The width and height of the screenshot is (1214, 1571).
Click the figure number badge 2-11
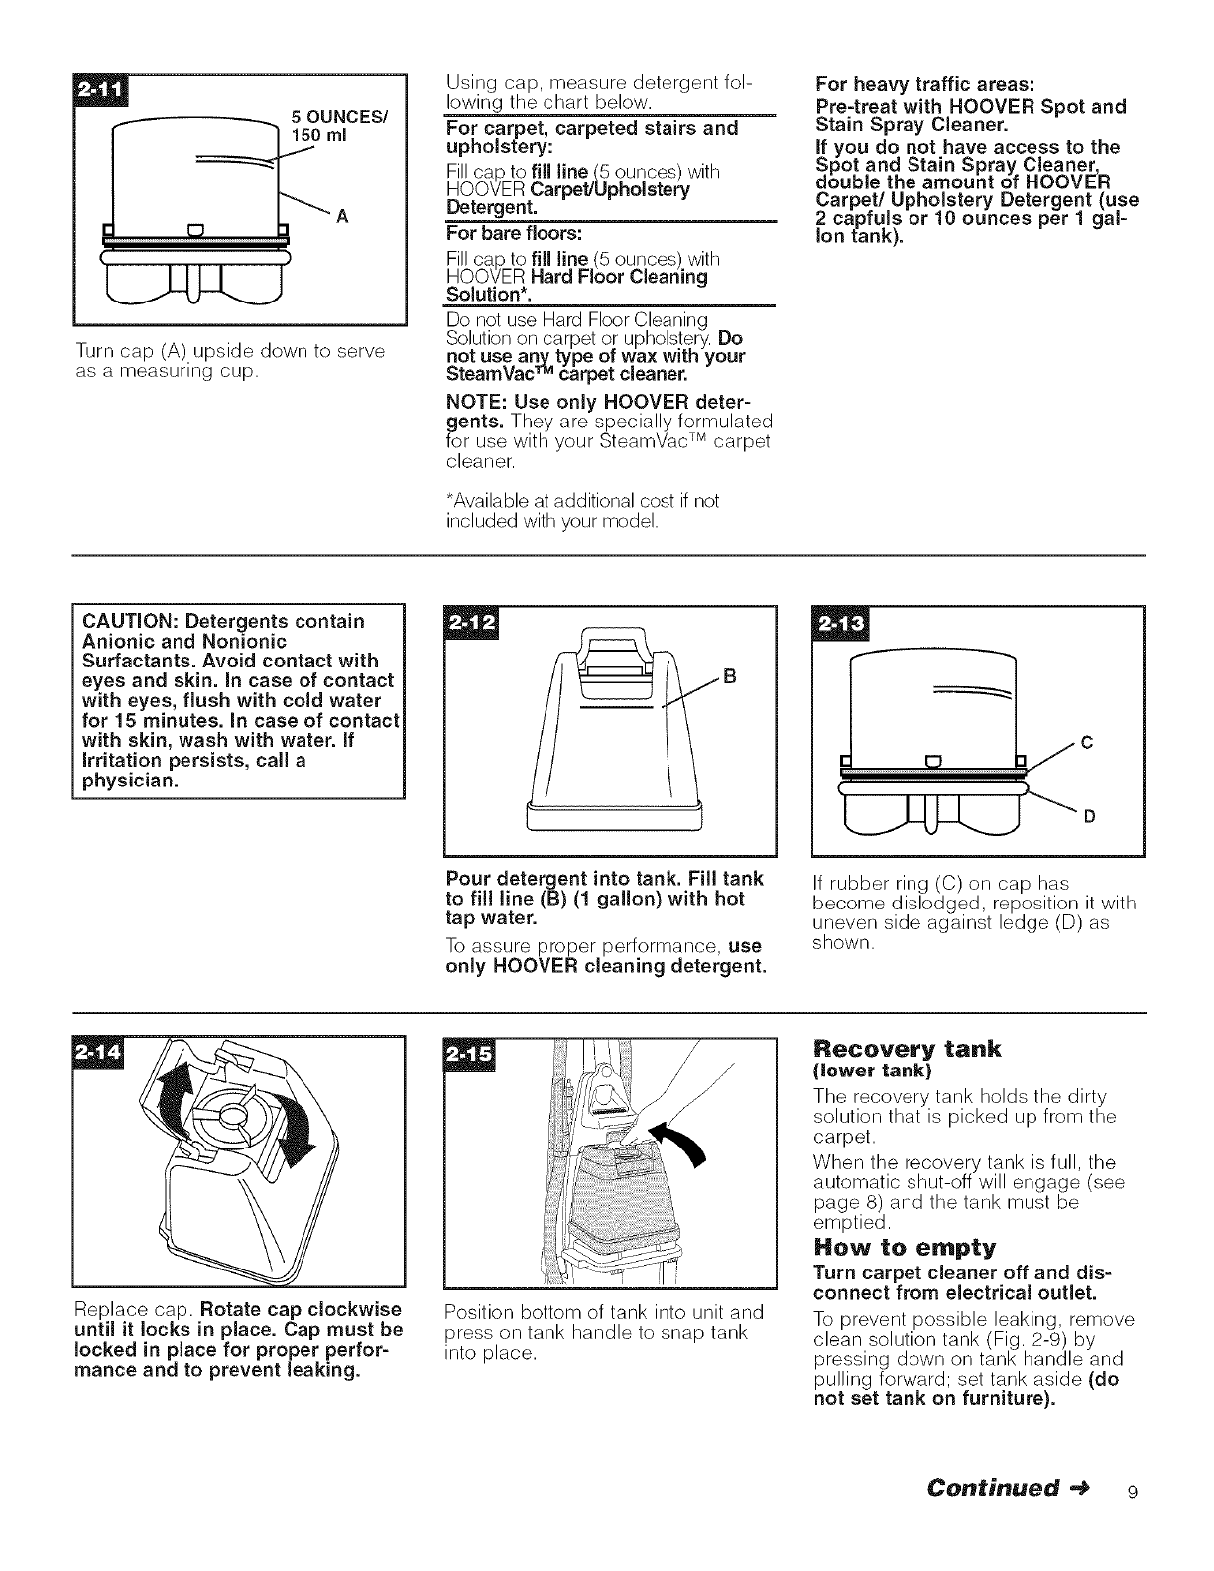[x=100, y=91]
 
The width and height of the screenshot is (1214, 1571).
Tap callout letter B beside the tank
[x=730, y=678]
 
